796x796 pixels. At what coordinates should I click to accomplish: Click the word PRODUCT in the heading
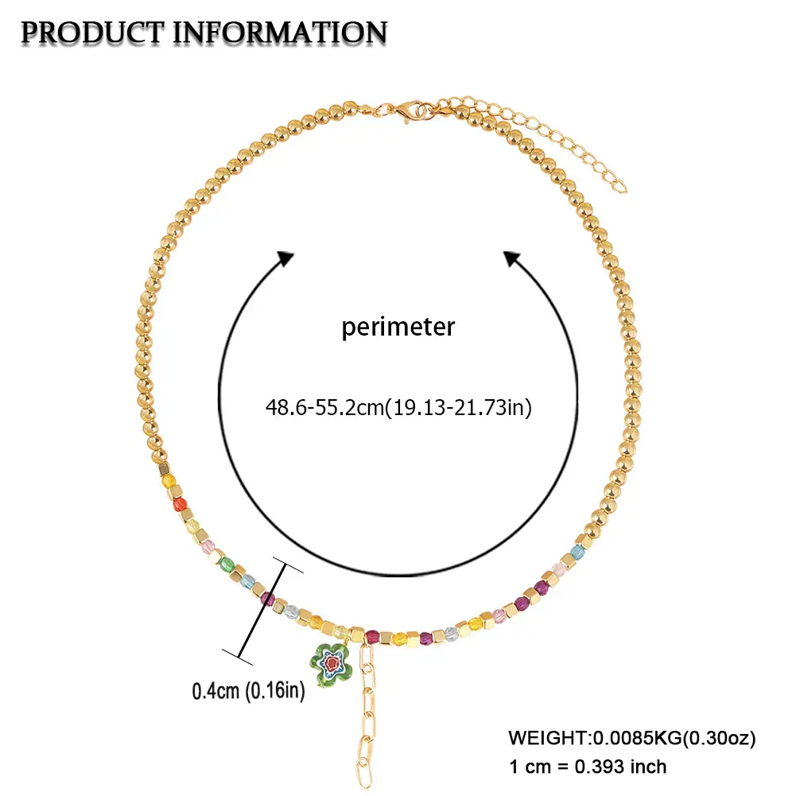93,33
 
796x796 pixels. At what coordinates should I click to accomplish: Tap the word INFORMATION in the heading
280,33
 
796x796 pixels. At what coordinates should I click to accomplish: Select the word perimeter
398,328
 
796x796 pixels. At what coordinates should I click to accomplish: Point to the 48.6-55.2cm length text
325,407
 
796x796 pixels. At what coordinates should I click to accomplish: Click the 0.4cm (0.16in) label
248,691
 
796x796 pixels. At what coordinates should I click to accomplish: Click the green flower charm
331,663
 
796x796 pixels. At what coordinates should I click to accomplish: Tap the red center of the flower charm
332,662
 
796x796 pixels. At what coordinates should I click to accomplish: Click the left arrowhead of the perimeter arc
285,258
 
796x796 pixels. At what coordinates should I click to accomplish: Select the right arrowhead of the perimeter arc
513,258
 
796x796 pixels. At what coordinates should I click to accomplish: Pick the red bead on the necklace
180,505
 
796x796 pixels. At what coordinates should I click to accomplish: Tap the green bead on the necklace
227,563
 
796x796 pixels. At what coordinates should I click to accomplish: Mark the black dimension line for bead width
262,611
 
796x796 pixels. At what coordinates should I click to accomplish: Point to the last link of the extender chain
620,186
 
